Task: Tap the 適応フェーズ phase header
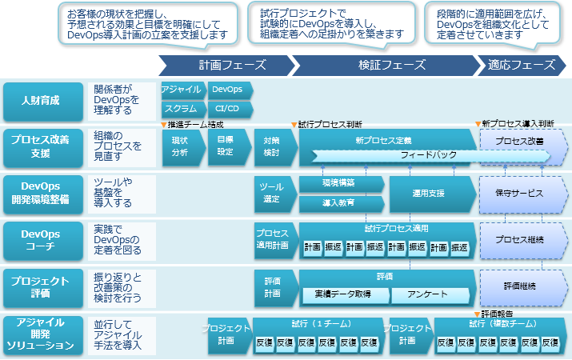(x=520, y=65)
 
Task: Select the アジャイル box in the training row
(x=181, y=90)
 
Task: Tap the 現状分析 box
(x=180, y=146)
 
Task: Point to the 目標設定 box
(x=225, y=146)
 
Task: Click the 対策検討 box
(x=272, y=146)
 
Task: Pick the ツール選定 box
(x=272, y=194)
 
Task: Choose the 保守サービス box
(x=520, y=194)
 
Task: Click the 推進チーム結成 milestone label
(x=194, y=125)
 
